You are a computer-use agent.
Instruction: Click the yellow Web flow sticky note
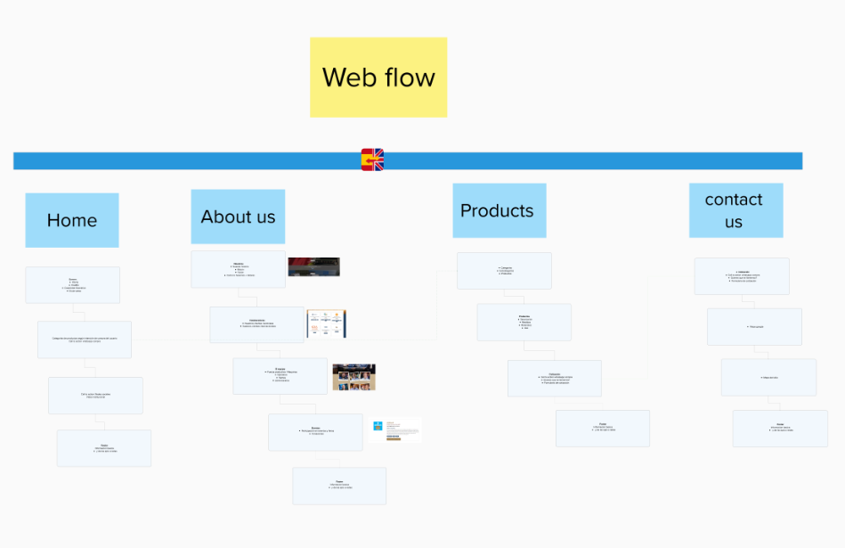[378, 78]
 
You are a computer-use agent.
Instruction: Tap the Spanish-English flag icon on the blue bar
[372, 159]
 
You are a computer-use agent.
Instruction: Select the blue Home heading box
[72, 220]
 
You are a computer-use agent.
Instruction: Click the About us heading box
[238, 217]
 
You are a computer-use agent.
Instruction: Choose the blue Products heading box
[499, 211]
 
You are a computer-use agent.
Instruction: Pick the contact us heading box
[735, 210]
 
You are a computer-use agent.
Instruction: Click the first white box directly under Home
[72, 285]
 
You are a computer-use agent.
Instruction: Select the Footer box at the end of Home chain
[104, 448]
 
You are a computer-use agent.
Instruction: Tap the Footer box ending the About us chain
[339, 486]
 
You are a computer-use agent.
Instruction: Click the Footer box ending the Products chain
[602, 428]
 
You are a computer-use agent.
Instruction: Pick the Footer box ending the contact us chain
[780, 428]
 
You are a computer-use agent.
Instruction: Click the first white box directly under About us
[238, 269]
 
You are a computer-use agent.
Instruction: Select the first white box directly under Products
[504, 271]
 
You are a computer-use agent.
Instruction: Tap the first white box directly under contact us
[742, 276]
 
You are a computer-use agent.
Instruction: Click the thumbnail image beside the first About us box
[313, 267]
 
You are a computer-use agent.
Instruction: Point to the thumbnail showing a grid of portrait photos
[353, 377]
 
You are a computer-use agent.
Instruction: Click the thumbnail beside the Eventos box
[397, 429]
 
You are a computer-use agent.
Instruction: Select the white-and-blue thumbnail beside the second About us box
[327, 324]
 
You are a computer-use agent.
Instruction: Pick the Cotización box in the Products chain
[554, 378]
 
